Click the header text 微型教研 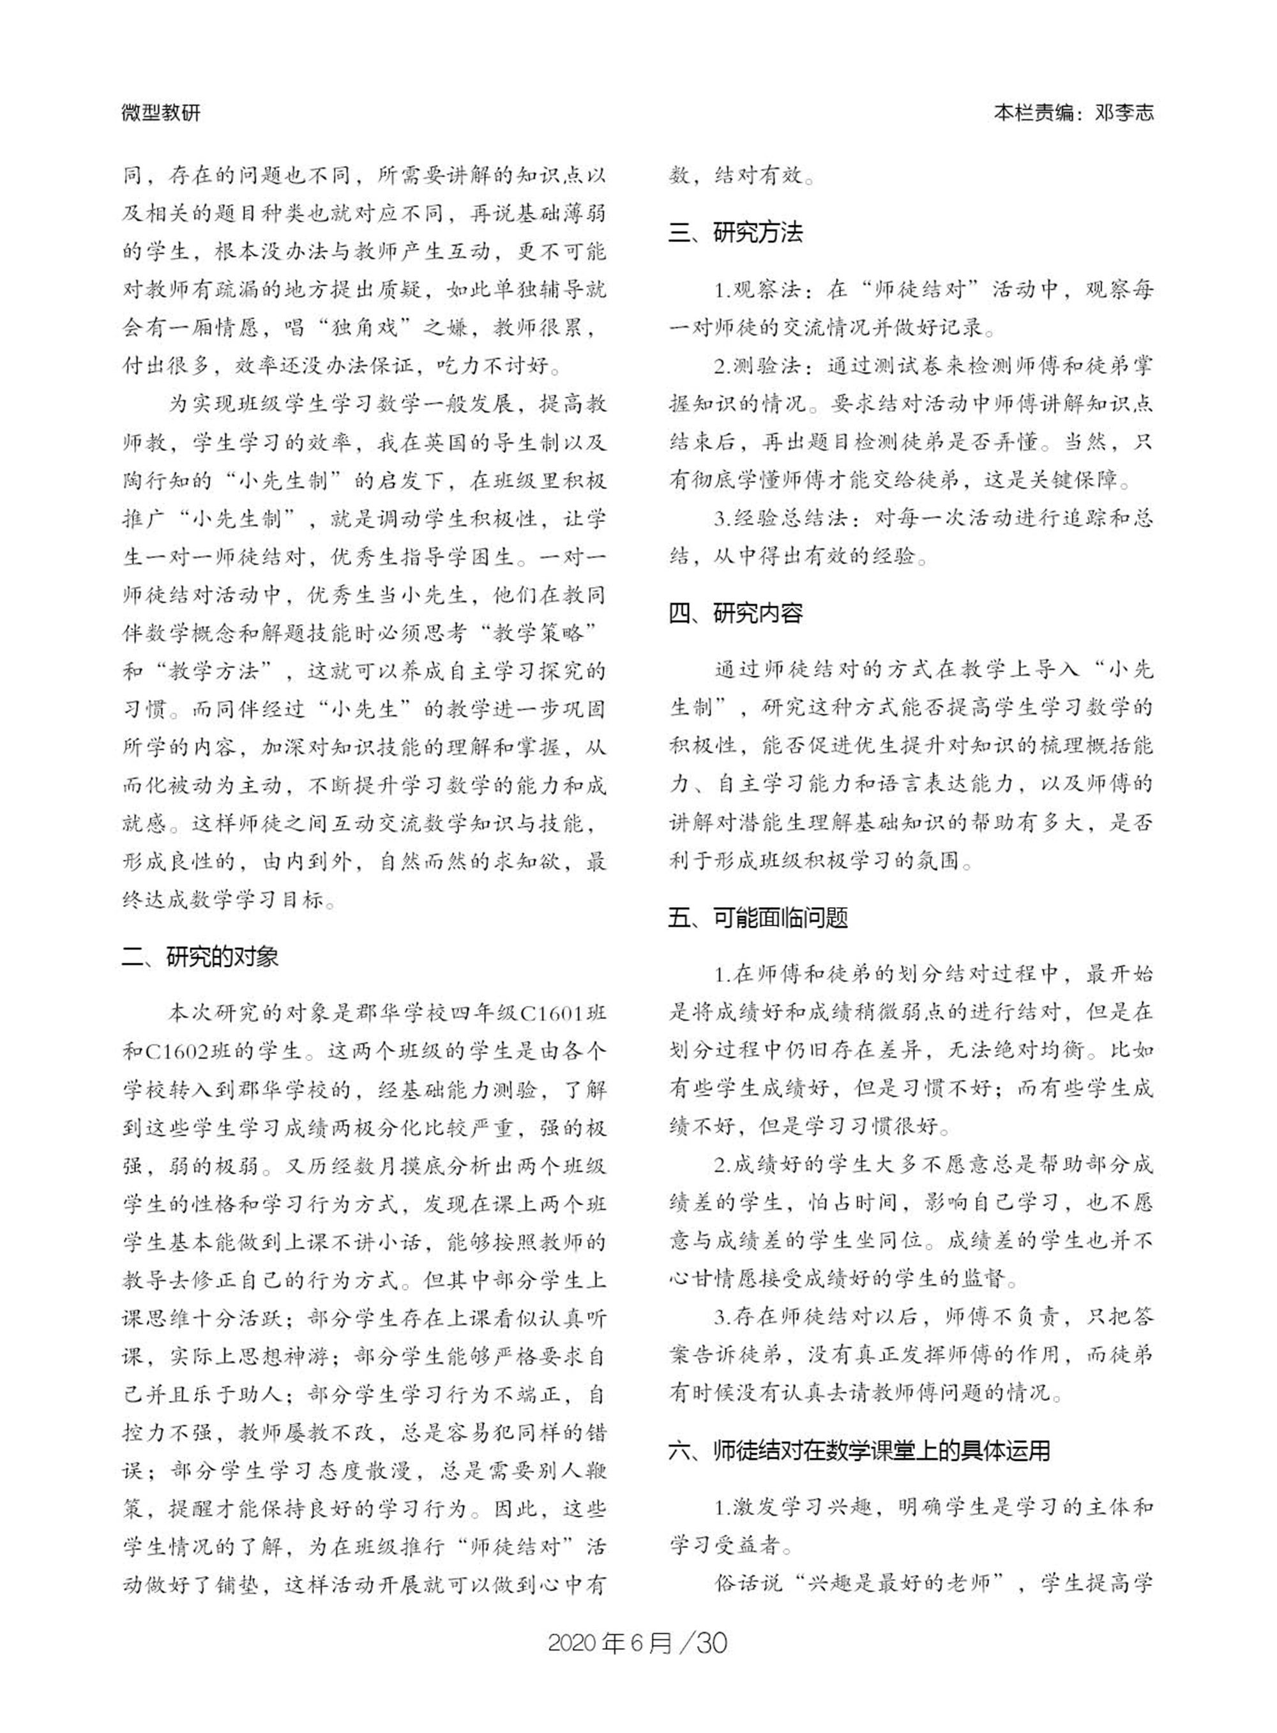[161, 113]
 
